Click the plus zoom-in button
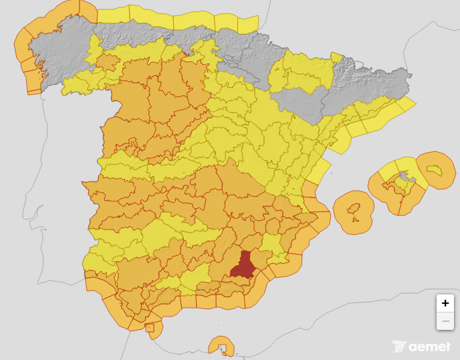pyautogui.click(x=445, y=303)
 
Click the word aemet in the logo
pyautogui.click(x=430, y=347)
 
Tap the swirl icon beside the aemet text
pyautogui.click(x=400, y=347)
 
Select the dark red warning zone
pyautogui.click(x=243, y=265)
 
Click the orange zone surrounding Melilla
pyautogui.click(x=221, y=346)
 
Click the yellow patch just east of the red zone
pyautogui.click(x=271, y=246)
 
